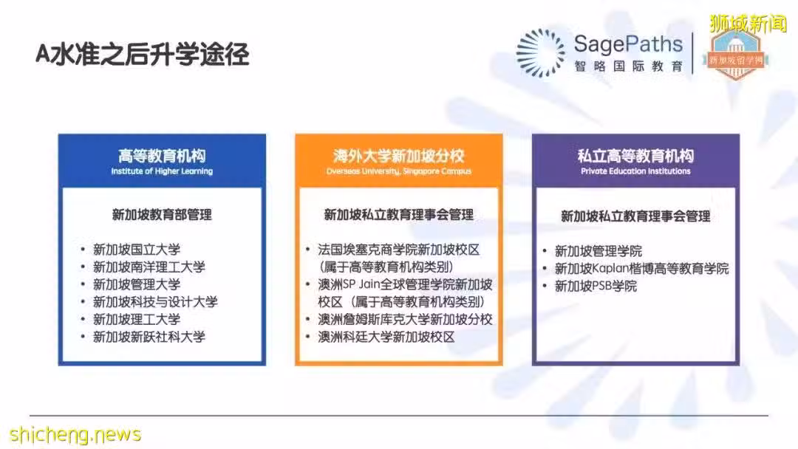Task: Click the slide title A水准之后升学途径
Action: coord(142,55)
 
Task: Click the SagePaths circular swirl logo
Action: coord(540,53)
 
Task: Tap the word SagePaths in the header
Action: coord(628,44)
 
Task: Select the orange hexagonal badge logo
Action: coord(735,55)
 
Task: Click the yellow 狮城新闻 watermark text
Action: coord(748,24)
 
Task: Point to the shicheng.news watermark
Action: coord(75,435)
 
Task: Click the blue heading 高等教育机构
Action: coord(162,156)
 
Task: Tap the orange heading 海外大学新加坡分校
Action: coord(398,156)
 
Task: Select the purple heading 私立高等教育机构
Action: coord(635,156)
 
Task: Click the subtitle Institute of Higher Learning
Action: coord(162,171)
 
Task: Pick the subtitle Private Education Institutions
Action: coord(635,171)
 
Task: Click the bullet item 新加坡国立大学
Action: coord(137,250)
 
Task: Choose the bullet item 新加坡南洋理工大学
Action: coord(149,267)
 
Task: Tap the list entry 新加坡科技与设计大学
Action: coord(155,302)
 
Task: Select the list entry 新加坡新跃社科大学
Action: coord(149,337)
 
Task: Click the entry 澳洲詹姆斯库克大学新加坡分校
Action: coord(405,319)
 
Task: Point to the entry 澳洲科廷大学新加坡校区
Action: coord(386,337)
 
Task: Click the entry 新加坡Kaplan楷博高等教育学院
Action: coord(641,269)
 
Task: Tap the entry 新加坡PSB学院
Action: coord(596,287)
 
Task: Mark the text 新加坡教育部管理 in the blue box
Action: coord(162,215)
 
